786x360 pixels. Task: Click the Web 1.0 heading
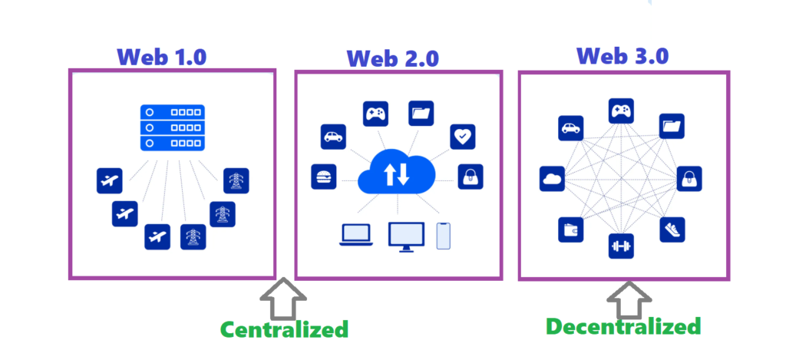pos(163,56)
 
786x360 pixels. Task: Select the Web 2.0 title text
pos(393,58)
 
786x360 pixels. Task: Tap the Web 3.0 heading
pos(623,56)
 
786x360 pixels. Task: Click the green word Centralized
pos(284,329)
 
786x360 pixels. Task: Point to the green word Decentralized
pos(623,326)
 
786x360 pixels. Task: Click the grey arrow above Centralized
pos(284,299)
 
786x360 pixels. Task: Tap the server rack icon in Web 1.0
pos(172,127)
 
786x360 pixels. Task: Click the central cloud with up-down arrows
pos(396,173)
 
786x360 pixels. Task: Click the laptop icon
pos(356,236)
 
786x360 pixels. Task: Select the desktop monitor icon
pos(406,236)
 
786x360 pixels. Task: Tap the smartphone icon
pos(443,236)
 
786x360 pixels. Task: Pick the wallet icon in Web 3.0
pos(570,229)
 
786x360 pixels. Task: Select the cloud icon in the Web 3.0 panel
pos(553,178)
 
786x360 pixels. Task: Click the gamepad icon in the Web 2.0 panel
pos(375,114)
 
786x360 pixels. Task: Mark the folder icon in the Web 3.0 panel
pos(672,126)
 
